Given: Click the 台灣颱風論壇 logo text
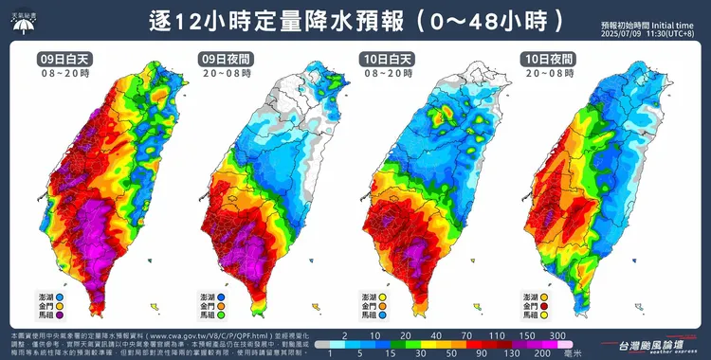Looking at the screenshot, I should coord(643,342).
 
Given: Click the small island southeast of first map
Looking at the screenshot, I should coord(154,304).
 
